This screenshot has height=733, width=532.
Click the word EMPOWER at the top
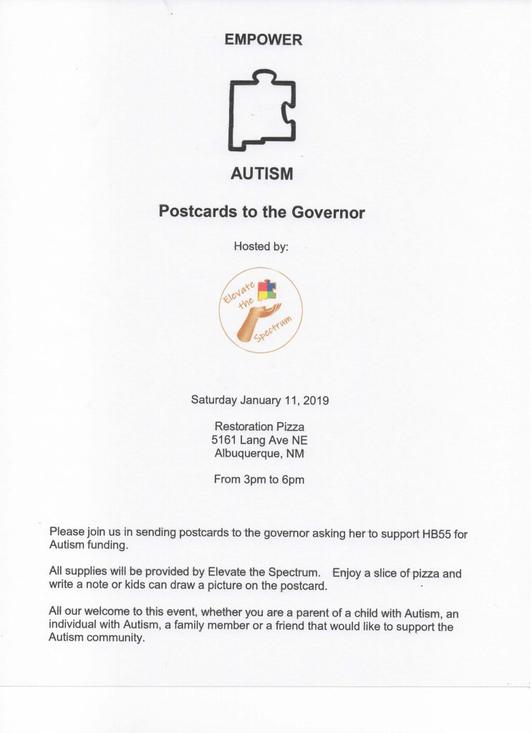263,41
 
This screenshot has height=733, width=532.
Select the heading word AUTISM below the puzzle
262,173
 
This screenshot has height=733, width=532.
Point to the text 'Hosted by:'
261,247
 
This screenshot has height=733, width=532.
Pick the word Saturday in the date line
213,400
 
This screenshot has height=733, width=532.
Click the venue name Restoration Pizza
259,427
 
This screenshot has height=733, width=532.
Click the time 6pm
294,480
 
